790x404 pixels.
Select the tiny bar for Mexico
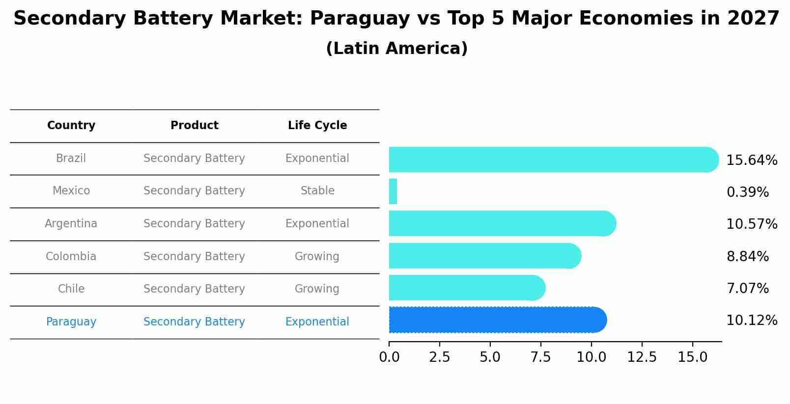[x=393, y=191]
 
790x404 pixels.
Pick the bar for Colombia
[x=484, y=256]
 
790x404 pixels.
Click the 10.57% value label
[x=751, y=224]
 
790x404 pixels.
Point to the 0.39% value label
[x=747, y=192]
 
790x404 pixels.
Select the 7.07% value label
[x=747, y=288]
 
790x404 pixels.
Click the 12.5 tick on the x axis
[x=642, y=357]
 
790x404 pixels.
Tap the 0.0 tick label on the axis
[x=389, y=357]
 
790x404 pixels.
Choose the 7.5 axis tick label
[x=540, y=357]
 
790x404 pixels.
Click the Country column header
[x=71, y=126]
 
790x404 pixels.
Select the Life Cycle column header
[x=317, y=126]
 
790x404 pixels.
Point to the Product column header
[x=195, y=126]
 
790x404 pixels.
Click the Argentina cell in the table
[x=71, y=224]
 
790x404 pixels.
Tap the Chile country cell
[x=71, y=289]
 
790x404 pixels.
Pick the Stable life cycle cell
[x=317, y=191]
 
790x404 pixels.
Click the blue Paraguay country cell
[x=71, y=322]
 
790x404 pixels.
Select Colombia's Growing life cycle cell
[x=317, y=257]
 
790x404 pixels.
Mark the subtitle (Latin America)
[x=396, y=49]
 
